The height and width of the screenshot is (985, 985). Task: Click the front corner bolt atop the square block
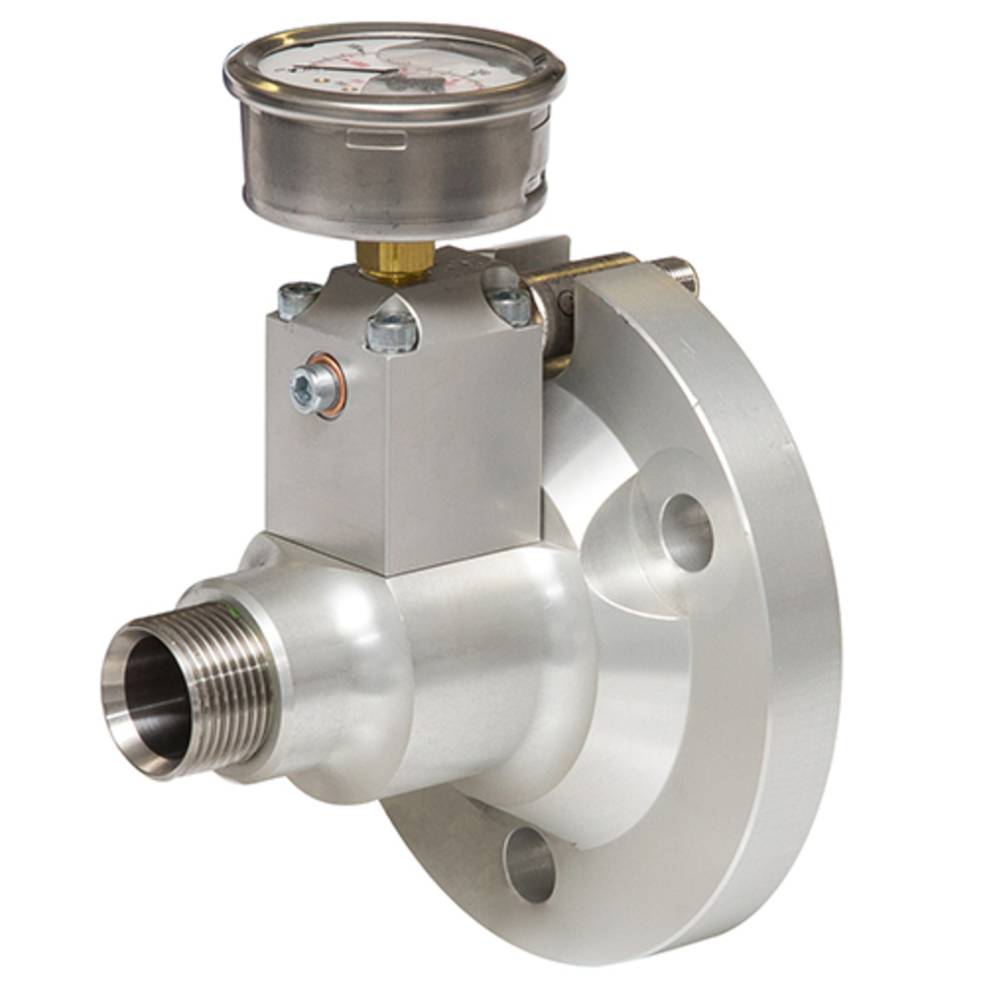(x=392, y=333)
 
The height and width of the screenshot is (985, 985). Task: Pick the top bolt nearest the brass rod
(x=510, y=305)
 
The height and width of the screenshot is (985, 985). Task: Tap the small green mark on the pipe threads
(x=237, y=615)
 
